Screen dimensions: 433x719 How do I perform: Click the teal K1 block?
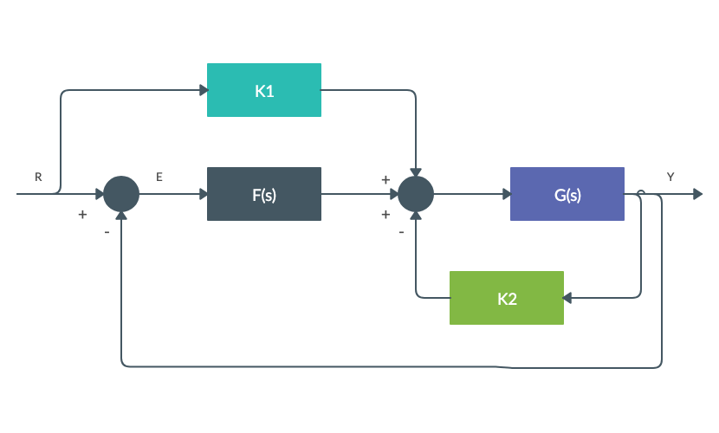tap(264, 90)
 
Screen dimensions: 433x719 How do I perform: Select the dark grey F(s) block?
tap(264, 194)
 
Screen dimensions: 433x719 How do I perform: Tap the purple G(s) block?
tap(567, 194)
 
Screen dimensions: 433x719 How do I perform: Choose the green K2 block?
tap(507, 298)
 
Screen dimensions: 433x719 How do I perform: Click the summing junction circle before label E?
tap(121, 194)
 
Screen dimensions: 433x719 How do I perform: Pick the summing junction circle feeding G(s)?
tap(416, 194)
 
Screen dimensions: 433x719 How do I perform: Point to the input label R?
tap(38, 177)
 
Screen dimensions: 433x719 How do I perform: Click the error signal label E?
tap(159, 177)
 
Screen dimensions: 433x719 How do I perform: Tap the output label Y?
tap(670, 177)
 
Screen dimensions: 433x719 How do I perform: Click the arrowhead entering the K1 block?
tap(203, 90)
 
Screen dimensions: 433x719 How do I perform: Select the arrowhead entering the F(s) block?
tap(203, 194)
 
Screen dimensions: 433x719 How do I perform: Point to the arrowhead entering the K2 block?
tap(568, 298)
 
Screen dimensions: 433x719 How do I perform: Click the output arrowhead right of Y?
tap(697, 194)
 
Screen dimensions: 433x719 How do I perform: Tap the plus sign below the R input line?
tap(82, 214)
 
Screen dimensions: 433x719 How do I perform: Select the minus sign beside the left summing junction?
tap(107, 232)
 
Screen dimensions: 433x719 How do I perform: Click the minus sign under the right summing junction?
tap(401, 232)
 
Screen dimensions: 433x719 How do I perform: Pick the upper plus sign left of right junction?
tap(385, 180)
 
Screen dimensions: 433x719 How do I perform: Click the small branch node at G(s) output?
tap(640, 191)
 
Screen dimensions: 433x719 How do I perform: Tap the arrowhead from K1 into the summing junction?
tap(416, 171)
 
